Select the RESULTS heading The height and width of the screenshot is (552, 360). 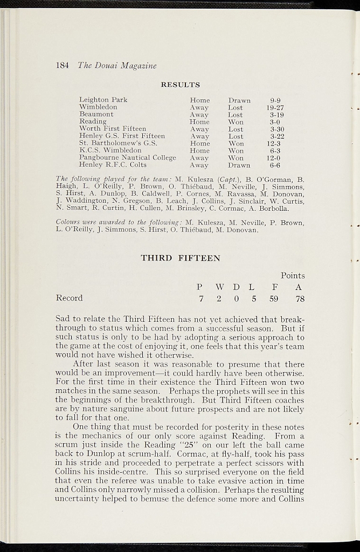click(181, 85)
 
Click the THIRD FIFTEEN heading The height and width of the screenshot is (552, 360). click(181, 258)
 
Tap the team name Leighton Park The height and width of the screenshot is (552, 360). click(103, 100)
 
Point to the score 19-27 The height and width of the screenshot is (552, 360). click(275, 107)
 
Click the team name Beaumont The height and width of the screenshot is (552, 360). click(96, 114)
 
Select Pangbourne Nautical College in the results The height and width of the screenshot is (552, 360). click(127, 158)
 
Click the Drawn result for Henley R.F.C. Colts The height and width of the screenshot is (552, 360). click(239, 165)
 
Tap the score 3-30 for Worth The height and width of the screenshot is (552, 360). click(276, 129)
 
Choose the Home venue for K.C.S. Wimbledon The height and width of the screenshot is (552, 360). click(199, 151)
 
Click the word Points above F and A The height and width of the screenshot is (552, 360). click(293, 275)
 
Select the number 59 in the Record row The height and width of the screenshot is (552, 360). click(274, 298)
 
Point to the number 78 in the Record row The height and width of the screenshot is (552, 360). click(300, 298)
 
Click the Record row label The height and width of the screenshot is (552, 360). click(70, 298)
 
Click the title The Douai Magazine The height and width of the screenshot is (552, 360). click(117, 66)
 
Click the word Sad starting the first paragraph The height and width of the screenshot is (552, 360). click(64, 319)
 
